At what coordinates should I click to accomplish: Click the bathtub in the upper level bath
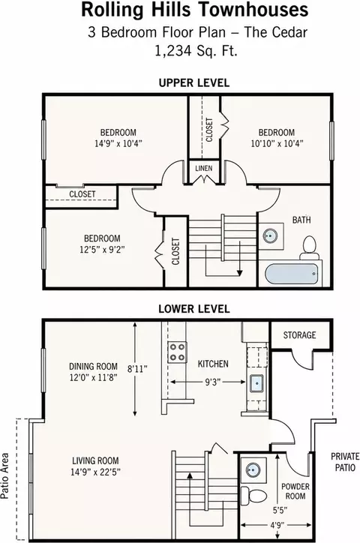pyautogui.click(x=292, y=274)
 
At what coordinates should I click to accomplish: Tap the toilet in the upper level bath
pyautogui.click(x=310, y=248)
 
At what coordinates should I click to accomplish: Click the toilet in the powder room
pyautogui.click(x=253, y=495)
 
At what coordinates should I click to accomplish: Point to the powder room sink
pyautogui.click(x=253, y=470)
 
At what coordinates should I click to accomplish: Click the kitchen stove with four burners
pyautogui.click(x=178, y=352)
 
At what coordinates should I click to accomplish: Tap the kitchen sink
pyautogui.click(x=256, y=383)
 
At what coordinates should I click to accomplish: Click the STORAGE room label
pyautogui.click(x=299, y=334)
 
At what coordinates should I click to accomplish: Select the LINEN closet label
pyautogui.click(x=203, y=168)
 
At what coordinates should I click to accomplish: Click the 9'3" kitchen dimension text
pyautogui.click(x=212, y=382)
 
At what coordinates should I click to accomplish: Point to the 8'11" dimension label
pyautogui.click(x=137, y=369)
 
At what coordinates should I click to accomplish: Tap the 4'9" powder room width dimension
pyautogui.click(x=275, y=525)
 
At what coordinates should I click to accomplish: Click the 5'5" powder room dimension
pyautogui.click(x=280, y=510)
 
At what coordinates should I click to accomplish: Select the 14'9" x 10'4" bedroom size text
pyautogui.click(x=118, y=143)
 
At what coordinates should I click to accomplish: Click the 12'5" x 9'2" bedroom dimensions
pyautogui.click(x=102, y=249)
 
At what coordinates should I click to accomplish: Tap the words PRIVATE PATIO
pyautogui.click(x=345, y=462)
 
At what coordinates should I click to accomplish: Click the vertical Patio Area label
pyautogui.click(x=4, y=475)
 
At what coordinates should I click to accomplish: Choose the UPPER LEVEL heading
pyautogui.click(x=193, y=83)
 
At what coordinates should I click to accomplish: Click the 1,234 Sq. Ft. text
pyautogui.click(x=196, y=51)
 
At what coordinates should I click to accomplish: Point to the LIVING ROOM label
pyautogui.click(x=95, y=461)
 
